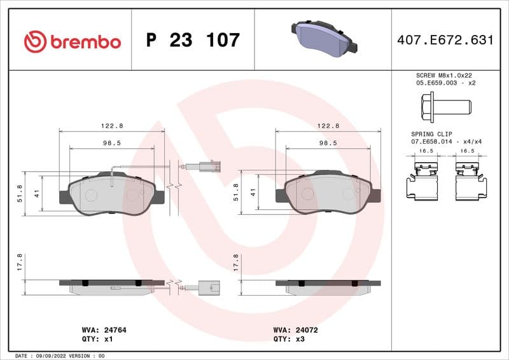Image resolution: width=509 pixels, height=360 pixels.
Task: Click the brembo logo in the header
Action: click(x=72, y=41)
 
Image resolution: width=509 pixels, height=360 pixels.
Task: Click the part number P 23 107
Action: click(x=193, y=41)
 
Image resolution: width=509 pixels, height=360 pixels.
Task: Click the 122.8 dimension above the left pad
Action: click(x=112, y=126)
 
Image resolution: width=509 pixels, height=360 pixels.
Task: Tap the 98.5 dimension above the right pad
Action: click(x=328, y=143)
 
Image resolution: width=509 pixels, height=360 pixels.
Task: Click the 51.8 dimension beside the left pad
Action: click(x=20, y=193)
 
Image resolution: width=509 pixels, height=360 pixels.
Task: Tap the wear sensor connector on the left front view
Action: click(x=209, y=168)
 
